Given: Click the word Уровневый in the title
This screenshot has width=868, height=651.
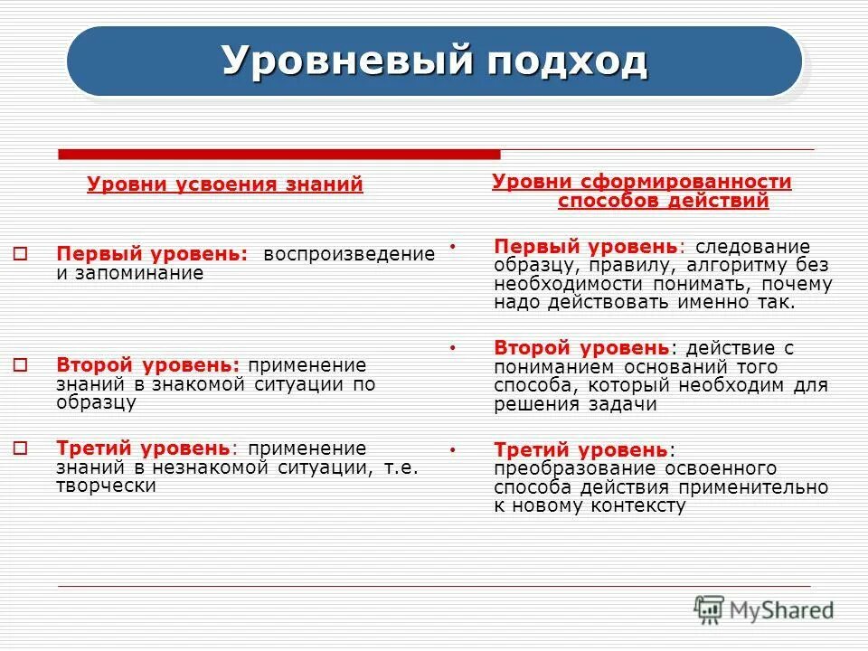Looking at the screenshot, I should (x=347, y=61).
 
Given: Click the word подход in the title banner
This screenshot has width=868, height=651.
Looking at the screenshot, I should (x=566, y=61).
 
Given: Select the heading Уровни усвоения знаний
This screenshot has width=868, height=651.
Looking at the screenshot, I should (x=225, y=184).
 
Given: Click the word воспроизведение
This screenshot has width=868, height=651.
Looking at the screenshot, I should (x=349, y=254).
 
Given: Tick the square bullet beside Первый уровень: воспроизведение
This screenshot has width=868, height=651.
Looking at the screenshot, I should (x=23, y=255).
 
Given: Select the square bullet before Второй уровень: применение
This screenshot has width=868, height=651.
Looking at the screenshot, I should (x=23, y=365).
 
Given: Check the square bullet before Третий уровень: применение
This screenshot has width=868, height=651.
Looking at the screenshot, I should (x=23, y=448).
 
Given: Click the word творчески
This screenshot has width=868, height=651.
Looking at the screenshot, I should (x=106, y=486).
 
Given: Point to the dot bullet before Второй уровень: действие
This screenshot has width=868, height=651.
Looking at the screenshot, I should (x=453, y=347).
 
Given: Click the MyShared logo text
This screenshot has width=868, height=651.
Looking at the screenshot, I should (x=781, y=610).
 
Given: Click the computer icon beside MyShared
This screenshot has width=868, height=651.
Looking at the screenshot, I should (x=710, y=608).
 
